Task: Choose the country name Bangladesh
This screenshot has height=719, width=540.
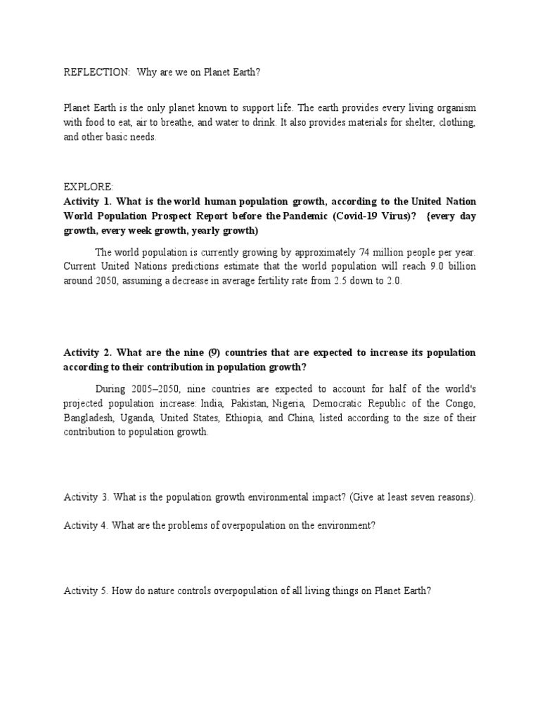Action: (87, 418)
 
